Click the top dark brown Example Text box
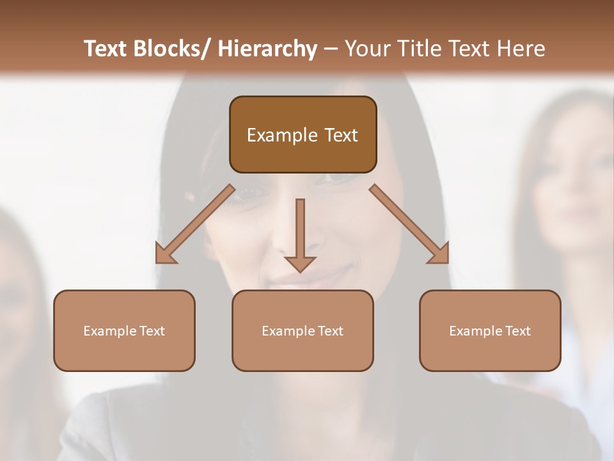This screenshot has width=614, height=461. (303, 134)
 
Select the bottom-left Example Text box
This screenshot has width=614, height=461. (124, 330)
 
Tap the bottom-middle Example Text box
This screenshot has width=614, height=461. (303, 330)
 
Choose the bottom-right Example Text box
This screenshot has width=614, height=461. (490, 330)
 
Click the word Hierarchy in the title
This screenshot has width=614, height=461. (267, 49)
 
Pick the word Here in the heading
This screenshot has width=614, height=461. (522, 49)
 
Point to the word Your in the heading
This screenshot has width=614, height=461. (367, 49)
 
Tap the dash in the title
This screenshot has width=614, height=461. (330, 49)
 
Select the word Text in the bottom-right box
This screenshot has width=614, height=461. (517, 330)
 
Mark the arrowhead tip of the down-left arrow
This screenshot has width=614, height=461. (157, 262)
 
